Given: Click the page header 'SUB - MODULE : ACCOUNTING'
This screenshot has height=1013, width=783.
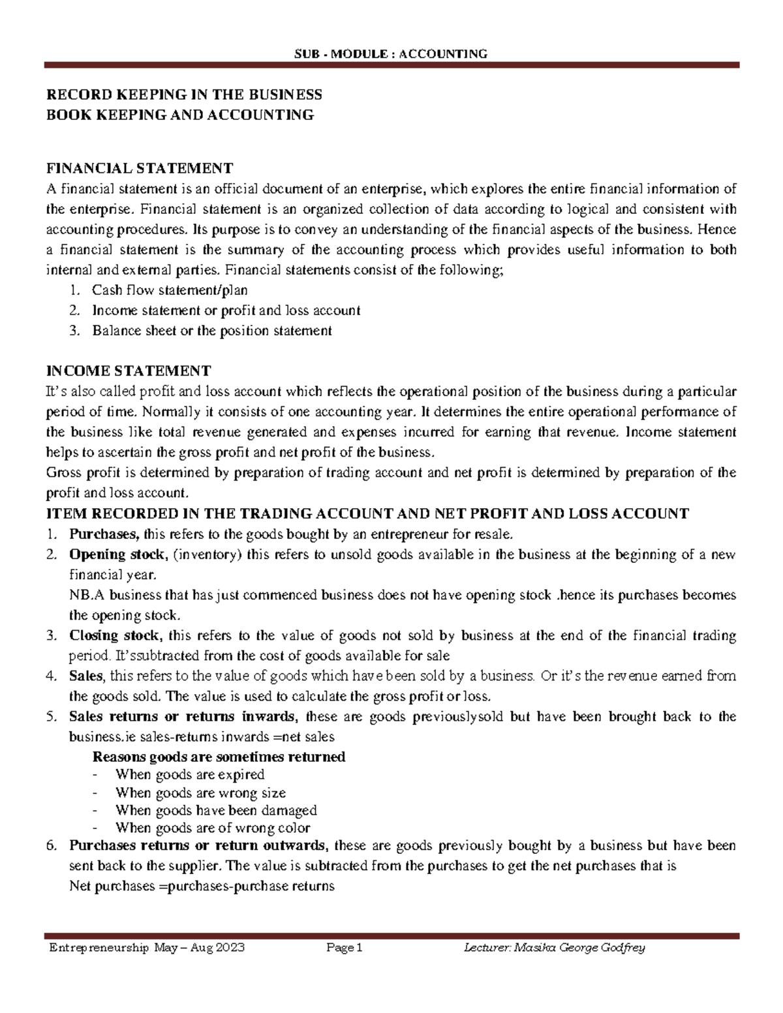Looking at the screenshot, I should coord(391,53).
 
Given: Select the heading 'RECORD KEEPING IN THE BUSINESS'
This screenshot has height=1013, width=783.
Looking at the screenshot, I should coord(184,95).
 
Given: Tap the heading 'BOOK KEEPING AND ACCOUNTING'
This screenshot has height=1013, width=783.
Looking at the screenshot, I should coord(180,115).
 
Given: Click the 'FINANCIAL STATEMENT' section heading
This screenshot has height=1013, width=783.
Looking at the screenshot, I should coord(139,168).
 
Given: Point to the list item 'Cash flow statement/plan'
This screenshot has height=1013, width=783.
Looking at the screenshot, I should coord(170,290).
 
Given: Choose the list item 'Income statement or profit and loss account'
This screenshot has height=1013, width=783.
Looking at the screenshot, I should coord(226,310).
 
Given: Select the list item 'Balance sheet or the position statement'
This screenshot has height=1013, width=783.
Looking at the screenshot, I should coord(212,331).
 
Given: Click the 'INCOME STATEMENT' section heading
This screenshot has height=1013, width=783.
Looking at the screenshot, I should coord(129,371).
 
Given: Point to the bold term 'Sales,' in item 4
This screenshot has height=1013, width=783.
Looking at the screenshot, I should coord(86,676).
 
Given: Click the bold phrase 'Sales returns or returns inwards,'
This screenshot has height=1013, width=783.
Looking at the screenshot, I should coord(184,717).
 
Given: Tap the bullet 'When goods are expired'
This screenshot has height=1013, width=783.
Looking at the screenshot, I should coord(189,775).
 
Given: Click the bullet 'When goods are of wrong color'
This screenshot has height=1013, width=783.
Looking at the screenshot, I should coord(213,828).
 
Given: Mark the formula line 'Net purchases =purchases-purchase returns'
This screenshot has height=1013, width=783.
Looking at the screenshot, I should coord(202,886).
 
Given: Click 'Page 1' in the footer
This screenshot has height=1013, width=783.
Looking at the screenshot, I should coord(344,948).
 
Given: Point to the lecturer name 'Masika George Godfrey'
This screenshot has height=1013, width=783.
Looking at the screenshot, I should coord(579,948).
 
